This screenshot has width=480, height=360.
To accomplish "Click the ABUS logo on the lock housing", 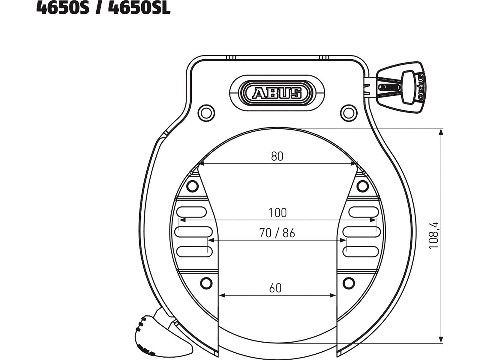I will click(277, 93).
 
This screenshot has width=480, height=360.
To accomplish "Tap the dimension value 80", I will click(277, 156).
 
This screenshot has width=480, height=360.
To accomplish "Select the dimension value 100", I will click(277, 213).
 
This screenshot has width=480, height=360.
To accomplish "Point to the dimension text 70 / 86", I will click(277, 233).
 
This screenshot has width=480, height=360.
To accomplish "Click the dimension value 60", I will click(275, 288).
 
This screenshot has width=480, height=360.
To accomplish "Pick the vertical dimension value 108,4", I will click(434, 235).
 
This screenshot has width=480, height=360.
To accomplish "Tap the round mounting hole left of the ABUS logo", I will click(206, 113).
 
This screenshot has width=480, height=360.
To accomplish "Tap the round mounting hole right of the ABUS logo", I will click(348, 113).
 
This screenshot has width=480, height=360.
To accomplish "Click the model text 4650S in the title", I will click(63, 8).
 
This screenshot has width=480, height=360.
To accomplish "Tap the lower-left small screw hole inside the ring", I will click(206, 283).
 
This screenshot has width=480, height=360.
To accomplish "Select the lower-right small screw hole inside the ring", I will click(349, 283).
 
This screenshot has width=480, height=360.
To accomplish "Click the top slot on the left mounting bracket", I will click(191, 212).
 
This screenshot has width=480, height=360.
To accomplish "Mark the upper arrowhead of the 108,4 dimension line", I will click(441, 132).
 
